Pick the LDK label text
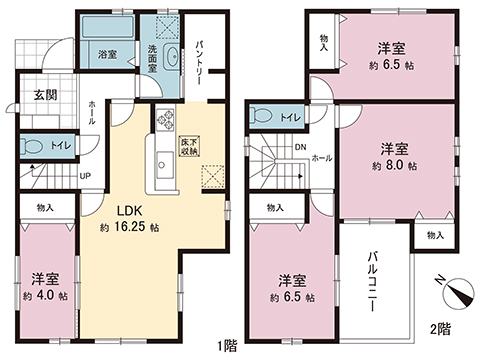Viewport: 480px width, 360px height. coord(128,212)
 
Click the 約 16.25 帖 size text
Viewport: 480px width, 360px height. coord(130,230)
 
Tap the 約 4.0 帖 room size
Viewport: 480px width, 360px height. coord(47,297)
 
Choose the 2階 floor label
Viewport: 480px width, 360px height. coord(440,328)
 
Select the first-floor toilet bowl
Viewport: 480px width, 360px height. coord(34,146)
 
